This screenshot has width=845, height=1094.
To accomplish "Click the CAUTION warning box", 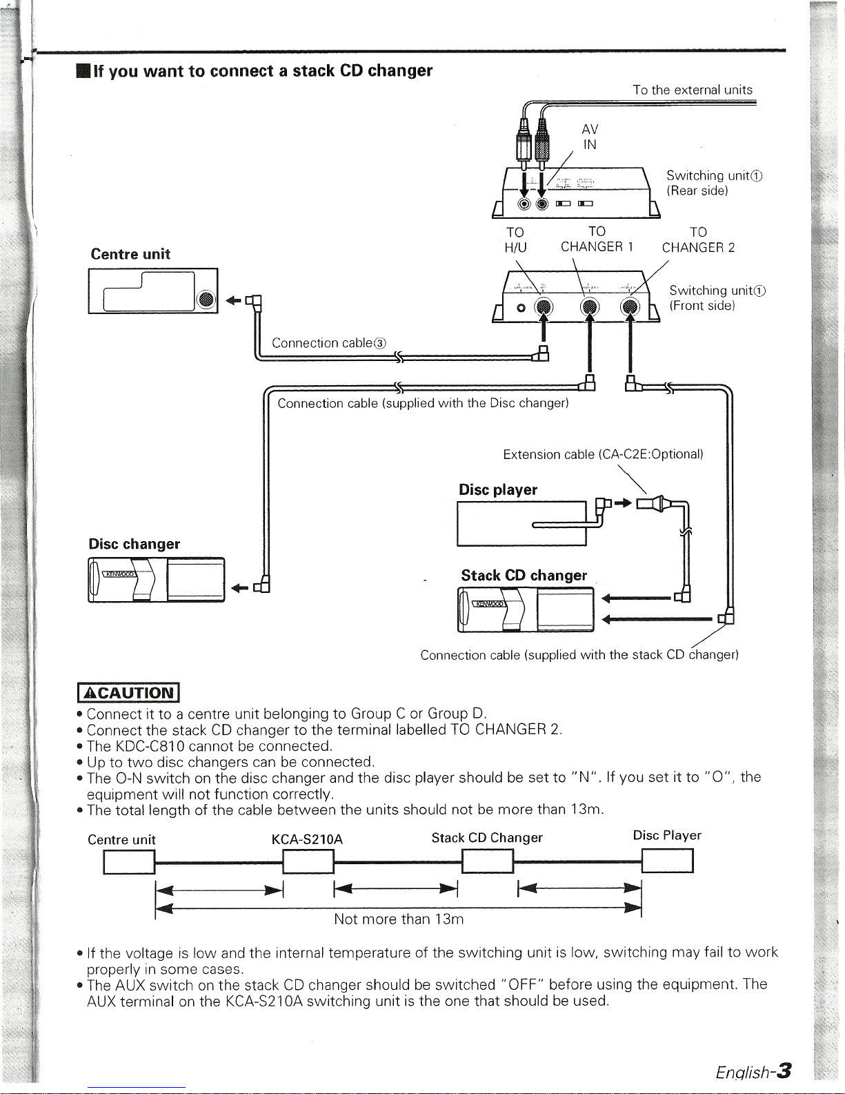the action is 128,692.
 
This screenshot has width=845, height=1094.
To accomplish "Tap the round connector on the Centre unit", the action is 206,300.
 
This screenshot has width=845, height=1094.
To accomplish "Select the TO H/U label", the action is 515,240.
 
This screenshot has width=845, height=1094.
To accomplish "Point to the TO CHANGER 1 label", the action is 597,239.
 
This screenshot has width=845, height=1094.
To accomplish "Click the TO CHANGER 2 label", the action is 698,240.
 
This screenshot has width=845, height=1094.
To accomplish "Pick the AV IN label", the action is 590,137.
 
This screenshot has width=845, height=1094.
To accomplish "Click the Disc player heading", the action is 498,489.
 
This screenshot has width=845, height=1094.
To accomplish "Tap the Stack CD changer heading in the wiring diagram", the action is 524,575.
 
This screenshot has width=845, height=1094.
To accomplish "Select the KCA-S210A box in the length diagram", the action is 308,861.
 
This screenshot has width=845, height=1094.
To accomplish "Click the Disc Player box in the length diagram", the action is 668,861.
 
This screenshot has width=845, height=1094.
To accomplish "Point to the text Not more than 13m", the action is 399,919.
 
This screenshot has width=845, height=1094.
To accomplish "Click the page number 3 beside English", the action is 784,1071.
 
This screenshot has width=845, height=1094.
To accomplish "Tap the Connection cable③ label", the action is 329,343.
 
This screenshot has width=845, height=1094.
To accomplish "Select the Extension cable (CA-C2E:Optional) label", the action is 603,454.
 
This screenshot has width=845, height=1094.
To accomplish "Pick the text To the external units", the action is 693,90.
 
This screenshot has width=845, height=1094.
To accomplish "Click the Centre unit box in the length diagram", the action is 129,862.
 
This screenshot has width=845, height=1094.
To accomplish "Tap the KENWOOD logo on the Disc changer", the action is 119,574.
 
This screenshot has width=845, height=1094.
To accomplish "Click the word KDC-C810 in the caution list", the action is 150,745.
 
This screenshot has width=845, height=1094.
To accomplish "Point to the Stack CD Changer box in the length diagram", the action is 488,861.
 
